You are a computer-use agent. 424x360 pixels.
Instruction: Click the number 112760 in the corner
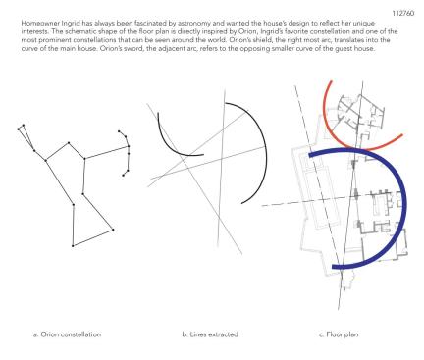pos(403,13)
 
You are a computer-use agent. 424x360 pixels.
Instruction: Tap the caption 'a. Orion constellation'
pos(67,334)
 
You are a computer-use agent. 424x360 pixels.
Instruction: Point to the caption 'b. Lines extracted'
pos(210,334)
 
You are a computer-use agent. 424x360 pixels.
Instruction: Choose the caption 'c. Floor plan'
pos(339,334)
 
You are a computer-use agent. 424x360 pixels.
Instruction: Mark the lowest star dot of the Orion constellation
pos(73,245)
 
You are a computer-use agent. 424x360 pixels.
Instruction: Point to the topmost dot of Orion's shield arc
pos(119,131)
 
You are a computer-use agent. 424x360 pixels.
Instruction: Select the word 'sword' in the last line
pos(134,49)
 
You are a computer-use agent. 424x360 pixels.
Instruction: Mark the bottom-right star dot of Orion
pos(113,230)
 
